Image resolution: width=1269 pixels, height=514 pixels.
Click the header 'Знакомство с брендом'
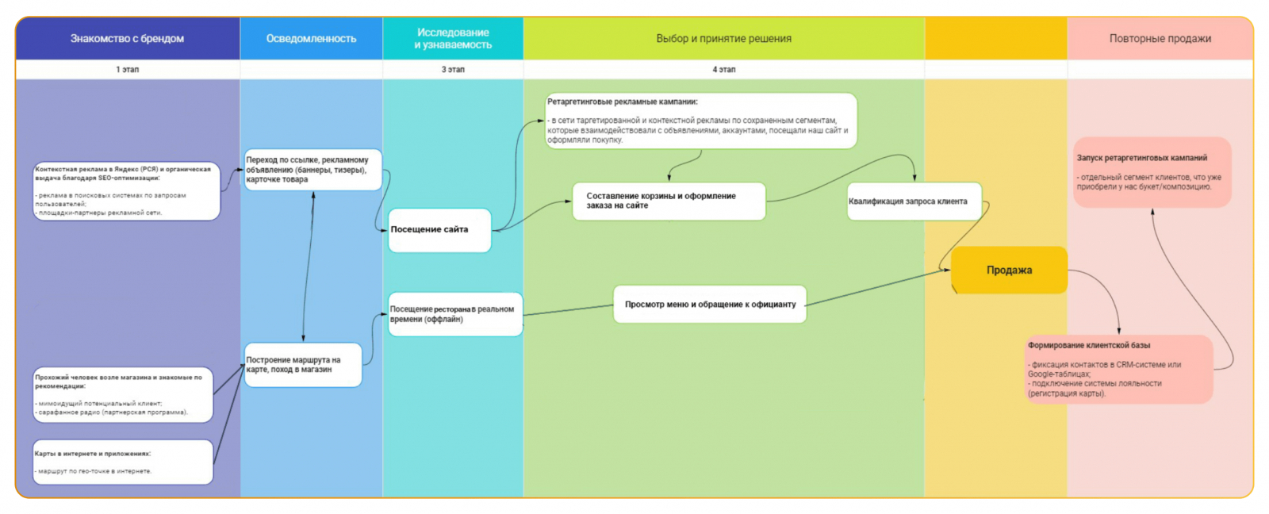pos(127,38)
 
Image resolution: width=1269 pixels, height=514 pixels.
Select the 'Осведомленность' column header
pos(311,38)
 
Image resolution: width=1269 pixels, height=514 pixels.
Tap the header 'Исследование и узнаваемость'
pos(453,38)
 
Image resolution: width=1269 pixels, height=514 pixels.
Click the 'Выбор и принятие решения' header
pos(723,38)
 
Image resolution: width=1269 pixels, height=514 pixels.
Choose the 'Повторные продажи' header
pos(1160,38)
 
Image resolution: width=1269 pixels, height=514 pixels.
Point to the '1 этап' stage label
pos(127,70)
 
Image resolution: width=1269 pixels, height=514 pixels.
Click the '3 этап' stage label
pos(453,70)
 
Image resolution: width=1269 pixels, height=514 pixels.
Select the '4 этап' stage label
pos(723,70)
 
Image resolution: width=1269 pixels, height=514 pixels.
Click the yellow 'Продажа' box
pos(1009,270)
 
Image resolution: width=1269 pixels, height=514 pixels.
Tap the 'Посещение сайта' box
pos(439,230)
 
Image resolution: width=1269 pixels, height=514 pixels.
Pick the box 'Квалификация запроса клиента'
pos(914,201)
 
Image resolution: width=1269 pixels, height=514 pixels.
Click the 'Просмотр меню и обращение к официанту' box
pos(710,305)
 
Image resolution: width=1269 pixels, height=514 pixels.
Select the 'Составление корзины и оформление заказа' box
pos(669,201)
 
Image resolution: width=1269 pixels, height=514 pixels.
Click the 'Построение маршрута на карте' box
pos(303,365)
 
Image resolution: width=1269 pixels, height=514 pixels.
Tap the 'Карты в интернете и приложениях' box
pos(123,462)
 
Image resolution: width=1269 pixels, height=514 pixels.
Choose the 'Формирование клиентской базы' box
pos(1118,369)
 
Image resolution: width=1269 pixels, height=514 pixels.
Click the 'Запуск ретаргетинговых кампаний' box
pos(1152,172)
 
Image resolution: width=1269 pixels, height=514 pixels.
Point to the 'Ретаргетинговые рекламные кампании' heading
pos(623,102)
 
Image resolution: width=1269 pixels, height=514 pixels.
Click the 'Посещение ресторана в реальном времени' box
pos(454,314)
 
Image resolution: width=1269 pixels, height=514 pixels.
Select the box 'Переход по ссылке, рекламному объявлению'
pos(312,170)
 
